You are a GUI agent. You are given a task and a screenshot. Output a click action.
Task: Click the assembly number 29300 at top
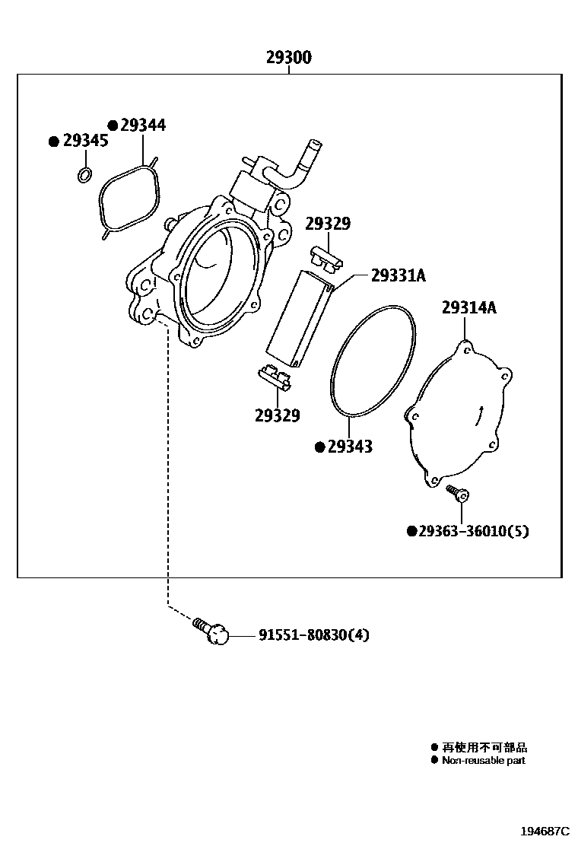288,58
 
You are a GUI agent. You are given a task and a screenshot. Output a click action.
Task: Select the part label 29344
141,126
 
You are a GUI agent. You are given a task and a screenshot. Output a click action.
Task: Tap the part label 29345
85,141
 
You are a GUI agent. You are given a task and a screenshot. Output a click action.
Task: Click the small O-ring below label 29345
85,176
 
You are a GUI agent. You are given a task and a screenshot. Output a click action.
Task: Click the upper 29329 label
328,224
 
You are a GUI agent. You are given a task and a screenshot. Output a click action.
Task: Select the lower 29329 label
277,415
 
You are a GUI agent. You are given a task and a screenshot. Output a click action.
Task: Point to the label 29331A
398,276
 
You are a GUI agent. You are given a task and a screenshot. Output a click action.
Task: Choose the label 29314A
469,307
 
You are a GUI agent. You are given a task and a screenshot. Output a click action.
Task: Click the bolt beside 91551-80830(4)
213,631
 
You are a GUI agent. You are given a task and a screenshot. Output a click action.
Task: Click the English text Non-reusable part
483,760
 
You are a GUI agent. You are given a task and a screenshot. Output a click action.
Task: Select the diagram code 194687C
544,831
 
